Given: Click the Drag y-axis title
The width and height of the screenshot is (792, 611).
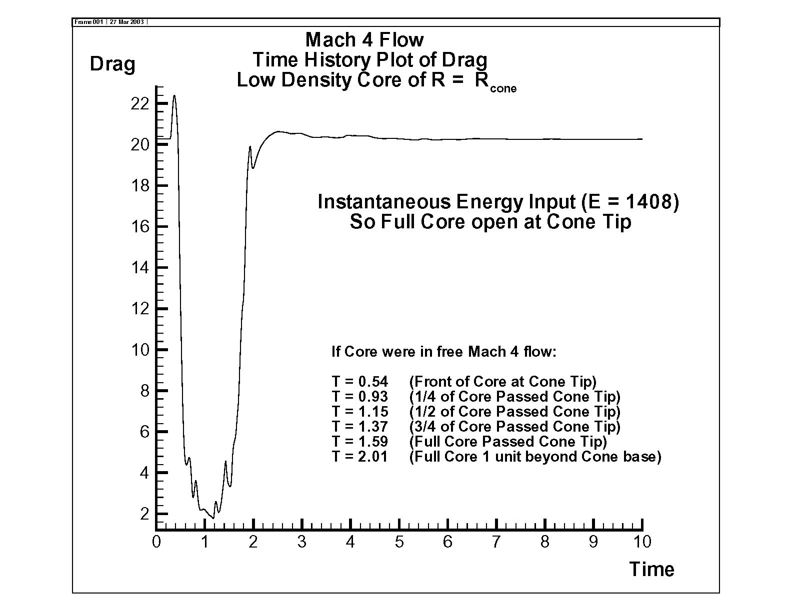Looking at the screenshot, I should click(x=112, y=65).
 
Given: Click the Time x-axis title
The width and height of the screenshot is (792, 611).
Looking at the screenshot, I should click(x=651, y=569).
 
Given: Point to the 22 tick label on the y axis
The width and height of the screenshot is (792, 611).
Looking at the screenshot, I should click(x=140, y=104).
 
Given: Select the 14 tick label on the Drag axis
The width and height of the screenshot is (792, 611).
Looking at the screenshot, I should click(x=140, y=268).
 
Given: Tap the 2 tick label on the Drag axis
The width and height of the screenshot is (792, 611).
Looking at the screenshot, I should click(x=144, y=514).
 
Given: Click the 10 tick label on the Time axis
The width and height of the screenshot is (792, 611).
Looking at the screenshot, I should click(x=642, y=542).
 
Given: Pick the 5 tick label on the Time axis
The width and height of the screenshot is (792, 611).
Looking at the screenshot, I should click(x=399, y=542).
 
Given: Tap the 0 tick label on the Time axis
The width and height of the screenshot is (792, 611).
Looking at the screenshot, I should click(x=156, y=542).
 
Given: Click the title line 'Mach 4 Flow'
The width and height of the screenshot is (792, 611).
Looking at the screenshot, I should click(x=364, y=40).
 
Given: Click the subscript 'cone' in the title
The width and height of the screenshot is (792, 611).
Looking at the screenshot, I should click(x=503, y=89).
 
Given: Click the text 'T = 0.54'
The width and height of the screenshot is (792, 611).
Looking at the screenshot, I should click(x=359, y=382).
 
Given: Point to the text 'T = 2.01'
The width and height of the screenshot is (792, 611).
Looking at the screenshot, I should click(x=359, y=457).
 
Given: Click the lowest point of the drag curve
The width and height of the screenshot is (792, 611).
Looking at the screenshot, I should click(x=213, y=519).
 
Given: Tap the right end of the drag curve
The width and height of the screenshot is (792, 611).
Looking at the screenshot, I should click(x=642, y=139).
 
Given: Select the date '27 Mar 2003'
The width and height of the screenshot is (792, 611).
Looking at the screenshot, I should click(x=126, y=22).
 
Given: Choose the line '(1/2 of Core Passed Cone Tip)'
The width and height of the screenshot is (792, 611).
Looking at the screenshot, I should click(x=514, y=412).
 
